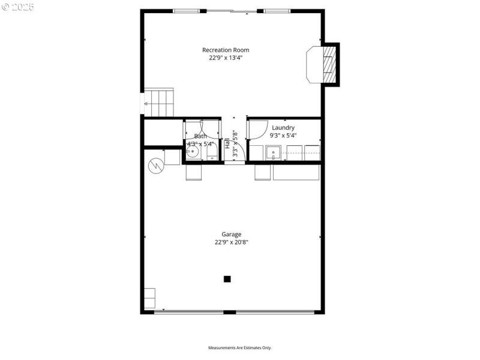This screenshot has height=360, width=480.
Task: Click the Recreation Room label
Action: click(226, 50)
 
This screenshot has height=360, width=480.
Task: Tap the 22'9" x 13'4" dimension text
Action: click(226, 58)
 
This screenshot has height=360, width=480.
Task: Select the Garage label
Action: click(231, 235)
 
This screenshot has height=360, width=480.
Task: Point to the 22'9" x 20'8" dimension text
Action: click(231, 242)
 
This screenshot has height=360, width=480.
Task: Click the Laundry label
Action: click(283, 128)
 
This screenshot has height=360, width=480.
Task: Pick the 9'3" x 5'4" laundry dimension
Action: click(283, 136)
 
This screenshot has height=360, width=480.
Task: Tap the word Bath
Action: click(200, 136)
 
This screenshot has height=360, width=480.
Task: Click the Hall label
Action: click(227, 144)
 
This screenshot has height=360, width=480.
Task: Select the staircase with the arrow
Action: click(159, 103)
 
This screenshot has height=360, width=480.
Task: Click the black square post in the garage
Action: click(227, 278)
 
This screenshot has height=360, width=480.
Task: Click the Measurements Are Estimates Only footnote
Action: click(240, 348)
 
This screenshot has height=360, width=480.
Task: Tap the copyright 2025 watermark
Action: click(18, 7)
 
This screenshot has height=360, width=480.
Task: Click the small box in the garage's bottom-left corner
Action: click(149, 298)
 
